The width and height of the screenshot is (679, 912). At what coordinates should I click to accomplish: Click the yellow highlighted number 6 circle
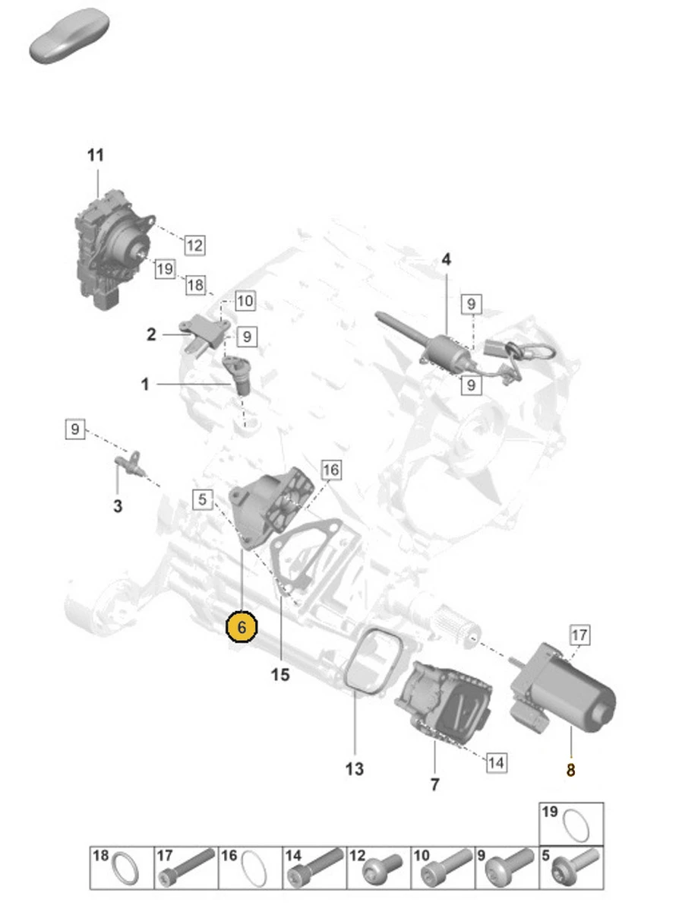pos(242,628)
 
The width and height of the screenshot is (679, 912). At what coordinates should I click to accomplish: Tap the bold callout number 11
pos(95,156)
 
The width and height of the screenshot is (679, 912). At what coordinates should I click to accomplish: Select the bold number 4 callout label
pos(446,260)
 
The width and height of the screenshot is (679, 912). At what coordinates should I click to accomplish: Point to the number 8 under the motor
pos(570,770)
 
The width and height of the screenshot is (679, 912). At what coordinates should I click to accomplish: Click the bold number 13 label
pos(355,769)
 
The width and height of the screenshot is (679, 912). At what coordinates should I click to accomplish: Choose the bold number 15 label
pos(280,674)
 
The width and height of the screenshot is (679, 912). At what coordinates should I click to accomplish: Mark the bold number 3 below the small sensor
pos(118,505)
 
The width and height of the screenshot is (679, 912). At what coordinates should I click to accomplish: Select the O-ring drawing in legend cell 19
pos(576,827)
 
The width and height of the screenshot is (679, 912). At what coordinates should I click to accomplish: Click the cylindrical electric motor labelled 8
pos(570,688)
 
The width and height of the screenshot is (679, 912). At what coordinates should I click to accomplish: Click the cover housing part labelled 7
pos(444,699)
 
